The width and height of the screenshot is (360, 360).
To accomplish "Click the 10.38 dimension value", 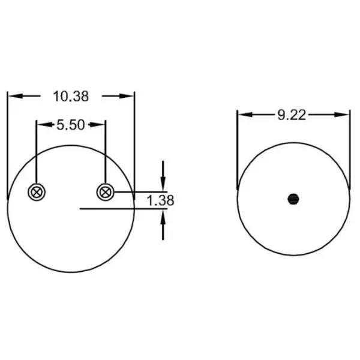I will [71, 95].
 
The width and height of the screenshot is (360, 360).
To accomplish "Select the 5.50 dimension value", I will [71, 125].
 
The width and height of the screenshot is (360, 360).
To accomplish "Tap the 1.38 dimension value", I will [160, 200].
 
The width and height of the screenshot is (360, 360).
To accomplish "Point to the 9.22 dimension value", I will [292, 115].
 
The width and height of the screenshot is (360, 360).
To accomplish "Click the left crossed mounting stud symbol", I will [37, 192].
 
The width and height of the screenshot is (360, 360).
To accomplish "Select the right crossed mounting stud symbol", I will [105, 192].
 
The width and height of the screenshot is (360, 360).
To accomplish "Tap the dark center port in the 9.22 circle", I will [293, 198].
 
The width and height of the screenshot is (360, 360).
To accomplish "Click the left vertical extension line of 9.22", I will [238, 150].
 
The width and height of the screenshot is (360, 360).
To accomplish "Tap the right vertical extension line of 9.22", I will [350, 150].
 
